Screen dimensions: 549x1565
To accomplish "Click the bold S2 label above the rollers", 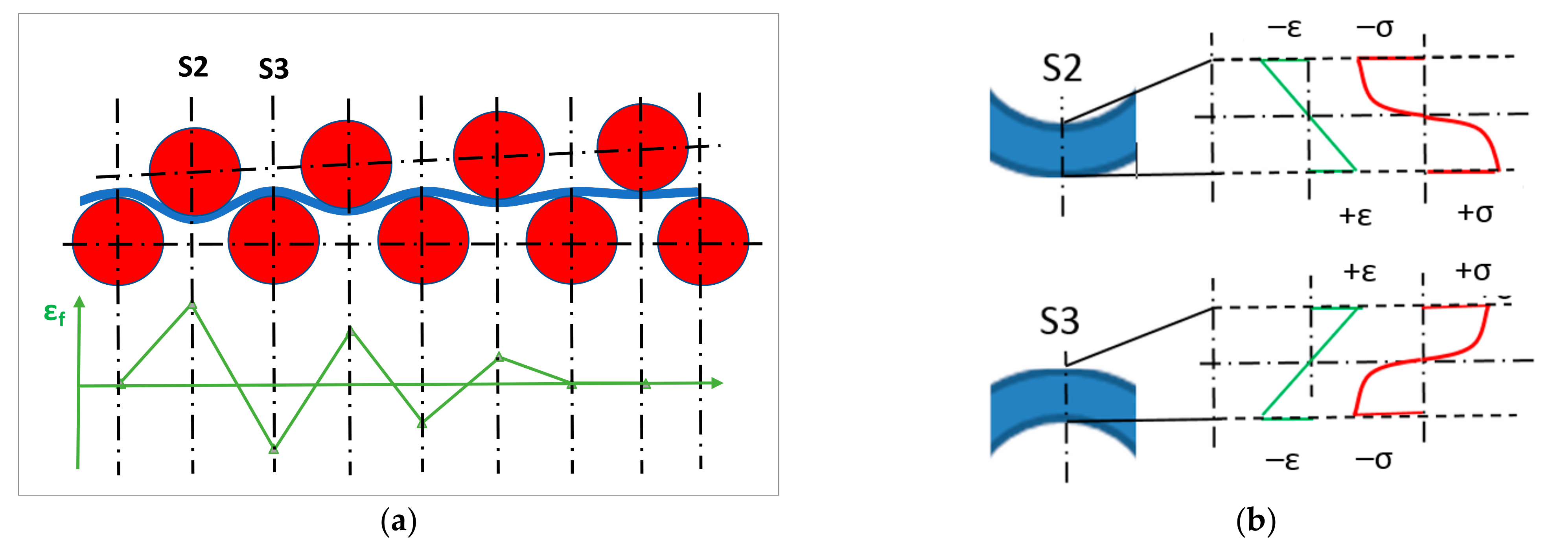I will tap(193, 67).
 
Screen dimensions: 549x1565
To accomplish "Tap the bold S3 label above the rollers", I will tap(273, 69).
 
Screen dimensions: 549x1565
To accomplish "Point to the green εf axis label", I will tap(55, 314).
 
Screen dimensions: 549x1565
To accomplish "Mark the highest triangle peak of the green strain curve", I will tap(192, 305).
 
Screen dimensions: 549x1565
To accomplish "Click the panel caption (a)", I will tap(399, 521).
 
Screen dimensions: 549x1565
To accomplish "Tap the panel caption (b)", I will tap(1256, 521).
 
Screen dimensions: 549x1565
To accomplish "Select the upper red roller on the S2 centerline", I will tap(194, 171).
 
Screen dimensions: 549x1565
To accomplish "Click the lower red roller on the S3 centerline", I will tap(273, 240).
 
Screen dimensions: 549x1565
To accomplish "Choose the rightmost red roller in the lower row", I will tap(703, 241).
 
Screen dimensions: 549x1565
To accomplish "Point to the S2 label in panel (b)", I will tap(1062, 68).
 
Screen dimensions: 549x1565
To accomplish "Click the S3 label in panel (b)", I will tap(1060, 321).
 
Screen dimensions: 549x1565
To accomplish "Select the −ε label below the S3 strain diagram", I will tap(1283, 461).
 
